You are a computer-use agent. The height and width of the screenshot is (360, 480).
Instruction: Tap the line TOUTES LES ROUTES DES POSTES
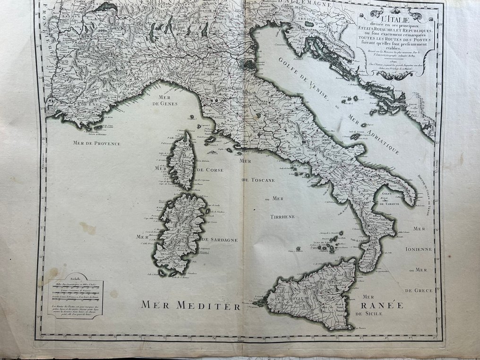395,40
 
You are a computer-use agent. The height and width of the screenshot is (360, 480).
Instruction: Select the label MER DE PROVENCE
94,143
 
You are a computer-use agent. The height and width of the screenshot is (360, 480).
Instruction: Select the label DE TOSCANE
258,180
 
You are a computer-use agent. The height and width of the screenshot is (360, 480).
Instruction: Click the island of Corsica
181,161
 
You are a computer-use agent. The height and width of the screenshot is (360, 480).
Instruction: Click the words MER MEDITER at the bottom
191,305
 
